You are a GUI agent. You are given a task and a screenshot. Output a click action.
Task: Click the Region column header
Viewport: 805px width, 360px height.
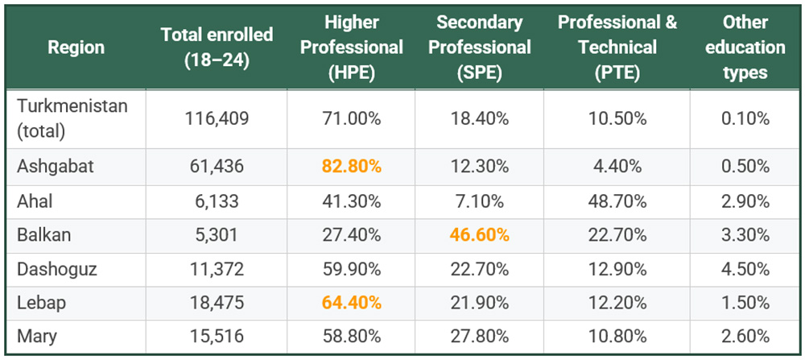coord(76,47)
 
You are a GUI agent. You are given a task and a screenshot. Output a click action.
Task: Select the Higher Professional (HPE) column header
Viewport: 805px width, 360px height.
coord(351,47)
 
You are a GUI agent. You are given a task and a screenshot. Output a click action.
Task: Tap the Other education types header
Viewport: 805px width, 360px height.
coord(745,47)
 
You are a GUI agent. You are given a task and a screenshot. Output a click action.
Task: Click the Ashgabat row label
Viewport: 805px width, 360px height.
coord(55,167)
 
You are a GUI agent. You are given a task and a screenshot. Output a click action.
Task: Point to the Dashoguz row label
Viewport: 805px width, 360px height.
coord(57,269)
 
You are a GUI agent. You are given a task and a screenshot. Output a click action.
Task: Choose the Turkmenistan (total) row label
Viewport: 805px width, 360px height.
coord(72,118)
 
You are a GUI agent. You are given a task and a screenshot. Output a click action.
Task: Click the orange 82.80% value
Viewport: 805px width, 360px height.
coord(351,167)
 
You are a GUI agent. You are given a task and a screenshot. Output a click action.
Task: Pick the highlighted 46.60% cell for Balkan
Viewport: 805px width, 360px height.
coord(480,235)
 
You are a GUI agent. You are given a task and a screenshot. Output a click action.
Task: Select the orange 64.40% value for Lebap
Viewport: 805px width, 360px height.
coord(351,304)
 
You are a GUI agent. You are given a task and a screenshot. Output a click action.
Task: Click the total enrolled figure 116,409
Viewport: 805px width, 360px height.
coord(217,118)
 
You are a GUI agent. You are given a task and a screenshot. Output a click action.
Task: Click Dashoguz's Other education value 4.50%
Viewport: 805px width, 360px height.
coord(745,269)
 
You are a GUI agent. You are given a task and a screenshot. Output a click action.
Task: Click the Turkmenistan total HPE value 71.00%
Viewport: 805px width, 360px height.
coord(351,118)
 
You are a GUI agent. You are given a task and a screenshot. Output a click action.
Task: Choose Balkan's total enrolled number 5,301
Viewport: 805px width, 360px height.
coord(217,235)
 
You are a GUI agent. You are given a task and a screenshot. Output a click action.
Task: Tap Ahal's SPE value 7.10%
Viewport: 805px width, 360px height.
coord(480,201)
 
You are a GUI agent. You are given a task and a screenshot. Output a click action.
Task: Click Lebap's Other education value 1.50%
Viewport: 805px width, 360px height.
coord(745,304)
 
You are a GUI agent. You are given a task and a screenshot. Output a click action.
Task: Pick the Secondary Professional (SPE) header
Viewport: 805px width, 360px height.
coord(480,47)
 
